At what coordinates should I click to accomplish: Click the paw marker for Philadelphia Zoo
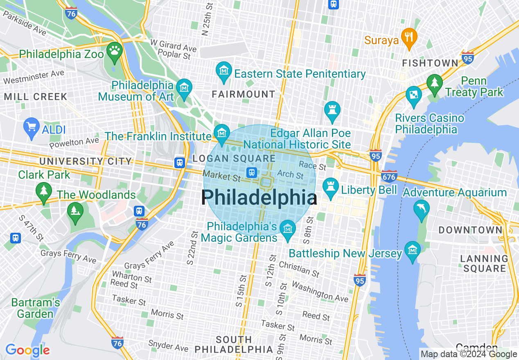pyautogui.click(x=114, y=51)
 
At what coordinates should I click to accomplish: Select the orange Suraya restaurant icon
pyautogui.click(x=408, y=37)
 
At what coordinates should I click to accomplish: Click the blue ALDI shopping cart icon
pyautogui.click(x=32, y=127)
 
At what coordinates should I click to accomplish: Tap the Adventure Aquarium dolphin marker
pyautogui.click(x=422, y=209)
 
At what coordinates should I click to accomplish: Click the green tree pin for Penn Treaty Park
pyautogui.click(x=434, y=83)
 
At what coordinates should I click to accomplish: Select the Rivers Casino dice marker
pyautogui.click(x=413, y=95)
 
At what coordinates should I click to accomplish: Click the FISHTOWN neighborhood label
pyautogui.click(x=430, y=63)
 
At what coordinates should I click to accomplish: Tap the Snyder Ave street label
pyautogui.click(x=168, y=346)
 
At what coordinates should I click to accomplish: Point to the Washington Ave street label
pyautogui.click(x=320, y=292)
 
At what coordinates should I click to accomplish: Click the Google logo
pyautogui.click(x=27, y=350)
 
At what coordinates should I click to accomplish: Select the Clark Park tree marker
pyautogui.click(x=43, y=191)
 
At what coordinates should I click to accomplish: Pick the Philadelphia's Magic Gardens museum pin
pyautogui.click(x=288, y=229)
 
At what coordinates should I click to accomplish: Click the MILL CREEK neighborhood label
pyautogui.click(x=36, y=97)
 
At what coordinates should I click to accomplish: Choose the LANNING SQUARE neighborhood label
pyautogui.click(x=484, y=263)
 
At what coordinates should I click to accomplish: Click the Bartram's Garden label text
pyautogui.click(x=36, y=308)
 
